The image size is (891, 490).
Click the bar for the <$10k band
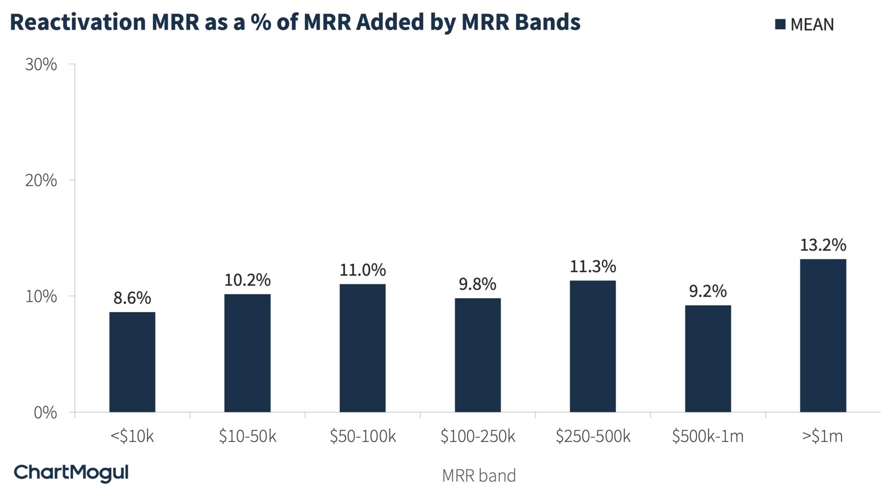[132, 362]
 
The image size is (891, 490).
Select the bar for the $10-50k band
[247, 353]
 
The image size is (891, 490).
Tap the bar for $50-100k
[362, 348]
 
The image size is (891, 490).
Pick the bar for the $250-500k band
[593, 346]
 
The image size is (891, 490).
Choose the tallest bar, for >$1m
[823, 336]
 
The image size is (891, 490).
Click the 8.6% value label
[132, 298]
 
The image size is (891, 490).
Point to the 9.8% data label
[478, 284]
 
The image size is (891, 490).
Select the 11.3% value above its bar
[593, 267]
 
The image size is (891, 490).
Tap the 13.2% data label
[823, 245]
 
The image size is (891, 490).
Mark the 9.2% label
[708, 291]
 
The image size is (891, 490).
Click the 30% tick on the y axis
[41, 64]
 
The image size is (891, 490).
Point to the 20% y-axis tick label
[41, 180]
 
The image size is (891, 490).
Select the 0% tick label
[45, 413]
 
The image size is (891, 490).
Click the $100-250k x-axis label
[478, 436]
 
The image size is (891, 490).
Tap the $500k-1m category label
[708, 436]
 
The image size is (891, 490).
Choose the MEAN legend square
[780, 24]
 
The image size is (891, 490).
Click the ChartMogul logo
[71, 472]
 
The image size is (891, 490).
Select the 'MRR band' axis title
[478, 476]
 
